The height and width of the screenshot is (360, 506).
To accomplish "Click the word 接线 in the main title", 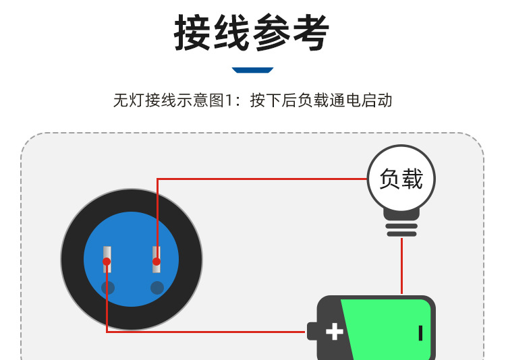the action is click(x=213, y=32).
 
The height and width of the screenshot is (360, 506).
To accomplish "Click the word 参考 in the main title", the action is click(x=291, y=32).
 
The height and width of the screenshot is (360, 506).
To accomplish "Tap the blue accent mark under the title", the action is click(x=252, y=69).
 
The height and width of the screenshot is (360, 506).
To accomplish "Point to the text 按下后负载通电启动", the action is click(x=321, y=100).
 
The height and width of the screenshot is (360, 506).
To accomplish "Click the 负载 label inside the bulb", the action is click(x=401, y=179).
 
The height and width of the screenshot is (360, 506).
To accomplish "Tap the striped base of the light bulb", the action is click(x=401, y=226).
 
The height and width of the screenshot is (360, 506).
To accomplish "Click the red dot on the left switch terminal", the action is click(x=107, y=261).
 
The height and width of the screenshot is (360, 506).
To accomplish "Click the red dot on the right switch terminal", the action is click(x=157, y=261).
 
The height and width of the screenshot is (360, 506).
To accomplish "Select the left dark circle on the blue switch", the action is click(x=108, y=288).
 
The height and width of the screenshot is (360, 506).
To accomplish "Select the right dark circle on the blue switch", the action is click(x=157, y=288).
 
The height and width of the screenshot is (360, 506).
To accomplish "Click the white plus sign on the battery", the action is click(x=335, y=332).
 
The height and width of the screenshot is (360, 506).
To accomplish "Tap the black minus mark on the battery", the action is click(x=420, y=332).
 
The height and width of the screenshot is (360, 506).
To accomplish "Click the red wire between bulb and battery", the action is click(x=401, y=266).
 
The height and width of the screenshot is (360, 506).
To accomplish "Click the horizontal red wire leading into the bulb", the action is click(x=263, y=179).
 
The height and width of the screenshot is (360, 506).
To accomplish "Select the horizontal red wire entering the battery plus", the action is click(x=202, y=332).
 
